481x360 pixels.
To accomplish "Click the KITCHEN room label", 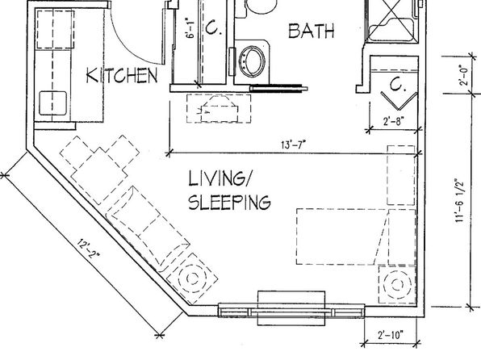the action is (122, 76).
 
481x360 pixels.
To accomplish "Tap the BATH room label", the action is (312, 31).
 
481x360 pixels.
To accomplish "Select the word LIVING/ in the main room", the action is (219, 178).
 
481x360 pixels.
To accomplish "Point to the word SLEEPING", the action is (229, 202).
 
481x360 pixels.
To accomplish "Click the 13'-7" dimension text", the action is (293, 144).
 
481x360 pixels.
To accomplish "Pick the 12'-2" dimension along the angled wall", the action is (88, 249).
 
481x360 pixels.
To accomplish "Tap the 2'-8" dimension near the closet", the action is (393, 121).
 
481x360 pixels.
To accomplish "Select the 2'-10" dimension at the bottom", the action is (391, 334).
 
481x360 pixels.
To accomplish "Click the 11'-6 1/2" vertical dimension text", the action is (461, 200).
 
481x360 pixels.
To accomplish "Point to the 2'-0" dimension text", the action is (464, 75).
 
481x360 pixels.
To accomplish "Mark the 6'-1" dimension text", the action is (190, 28).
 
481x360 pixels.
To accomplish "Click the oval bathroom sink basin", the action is (252, 61).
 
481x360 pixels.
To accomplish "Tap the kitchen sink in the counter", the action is (52, 103).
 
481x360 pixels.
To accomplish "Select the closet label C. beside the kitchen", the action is (213, 27).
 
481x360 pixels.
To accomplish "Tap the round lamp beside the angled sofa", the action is (192, 278).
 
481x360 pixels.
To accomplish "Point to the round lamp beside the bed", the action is (397, 284).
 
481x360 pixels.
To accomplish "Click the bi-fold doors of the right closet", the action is (399, 101).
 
